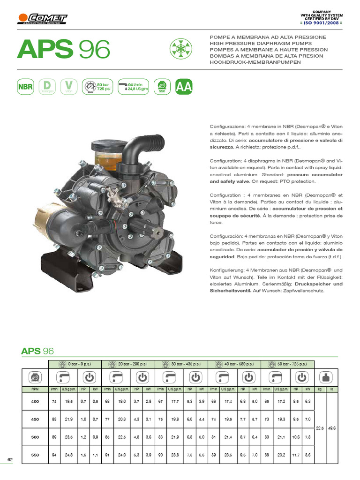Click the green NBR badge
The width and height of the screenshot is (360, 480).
[x=25, y=87]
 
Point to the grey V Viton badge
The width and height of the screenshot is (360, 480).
[x=69, y=87]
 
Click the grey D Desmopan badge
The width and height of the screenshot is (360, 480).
[x=46, y=87]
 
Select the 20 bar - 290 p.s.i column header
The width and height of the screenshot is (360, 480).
[x=128, y=363]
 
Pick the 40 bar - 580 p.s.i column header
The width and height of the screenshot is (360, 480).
[x=234, y=363]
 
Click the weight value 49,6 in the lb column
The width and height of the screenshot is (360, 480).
[x=332, y=428]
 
